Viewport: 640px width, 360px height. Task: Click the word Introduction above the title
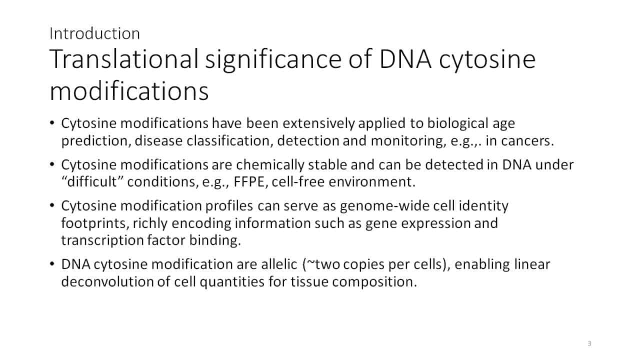click(x=94, y=33)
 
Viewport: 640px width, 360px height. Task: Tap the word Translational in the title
click(x=124, y=59)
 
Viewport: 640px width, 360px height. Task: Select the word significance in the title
click(x=273, y=60)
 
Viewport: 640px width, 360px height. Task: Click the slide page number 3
click(x=589, y=343)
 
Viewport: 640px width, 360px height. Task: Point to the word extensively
click(x=318, y=123)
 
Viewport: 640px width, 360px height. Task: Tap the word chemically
click(x=270, y=165)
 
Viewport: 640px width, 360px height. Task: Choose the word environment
click(x=371, y=181)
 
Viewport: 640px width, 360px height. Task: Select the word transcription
click(x=102, y=240)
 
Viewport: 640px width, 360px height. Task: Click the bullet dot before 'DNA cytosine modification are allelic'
click(x=51, y=264)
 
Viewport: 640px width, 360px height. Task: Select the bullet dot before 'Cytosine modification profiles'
click(x=51, y=205)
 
